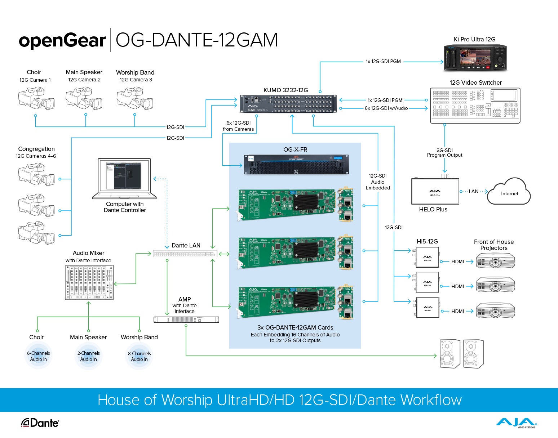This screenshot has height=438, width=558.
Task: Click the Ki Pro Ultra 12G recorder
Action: (475, 57)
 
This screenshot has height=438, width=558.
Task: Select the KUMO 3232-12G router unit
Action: (288, 104)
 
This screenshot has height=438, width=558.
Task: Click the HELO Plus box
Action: (435, 191)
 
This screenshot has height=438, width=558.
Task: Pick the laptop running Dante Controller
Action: (124, 179)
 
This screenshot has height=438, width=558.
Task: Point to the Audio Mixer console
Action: (89, 282)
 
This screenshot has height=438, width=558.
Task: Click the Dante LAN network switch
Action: (185, 254)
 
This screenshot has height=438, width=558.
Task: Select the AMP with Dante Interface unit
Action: (186, 319)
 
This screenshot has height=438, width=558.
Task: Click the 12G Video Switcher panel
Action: (475, 105)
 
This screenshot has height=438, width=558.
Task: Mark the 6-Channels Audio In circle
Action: (39, 356)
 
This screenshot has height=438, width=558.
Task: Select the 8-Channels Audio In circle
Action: (139, 356)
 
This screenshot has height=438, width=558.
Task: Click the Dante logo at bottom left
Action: (40, 423)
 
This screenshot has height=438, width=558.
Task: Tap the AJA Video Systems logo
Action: (516, 423)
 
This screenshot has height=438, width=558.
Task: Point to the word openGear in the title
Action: (62, 40)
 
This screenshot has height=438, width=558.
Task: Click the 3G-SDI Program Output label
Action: (444, 153)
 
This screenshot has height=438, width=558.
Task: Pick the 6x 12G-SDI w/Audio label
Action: (386, 108)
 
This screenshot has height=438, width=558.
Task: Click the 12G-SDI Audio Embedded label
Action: (378, 182)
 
